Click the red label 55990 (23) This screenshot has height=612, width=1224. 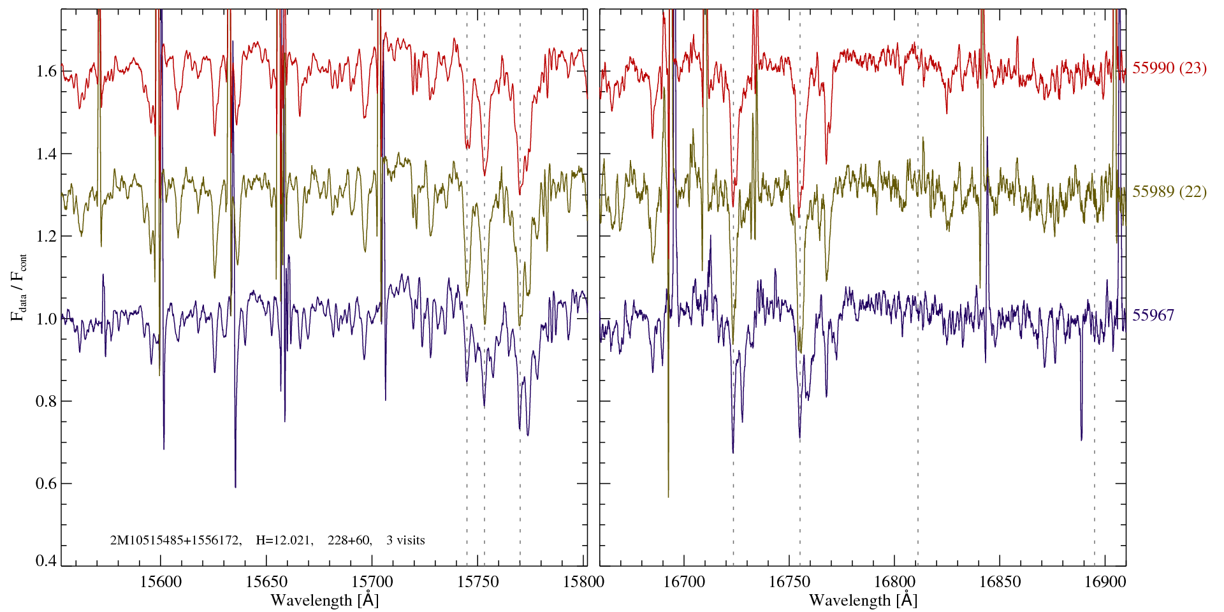coord(1169,68)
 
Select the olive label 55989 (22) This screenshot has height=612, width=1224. coord(1169,192)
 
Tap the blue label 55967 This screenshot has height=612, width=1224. coord(1153,316)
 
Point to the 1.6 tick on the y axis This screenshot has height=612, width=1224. coord(47,71)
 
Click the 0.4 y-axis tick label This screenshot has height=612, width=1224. coord(47,561)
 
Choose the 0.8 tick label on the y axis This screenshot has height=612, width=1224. coord(47,401)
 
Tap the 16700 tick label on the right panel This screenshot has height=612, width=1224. coord(683,581)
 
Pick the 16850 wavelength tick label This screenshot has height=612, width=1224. coord(999,581)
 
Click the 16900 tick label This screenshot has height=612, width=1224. coord(1104,581)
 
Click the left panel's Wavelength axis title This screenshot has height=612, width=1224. coord(324,600)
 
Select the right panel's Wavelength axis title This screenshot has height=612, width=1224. coord(863,600)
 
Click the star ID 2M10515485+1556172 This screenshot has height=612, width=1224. coord(175,541)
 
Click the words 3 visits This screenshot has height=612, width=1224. coord(405,541)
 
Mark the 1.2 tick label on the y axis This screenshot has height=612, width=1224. coord(47,237)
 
